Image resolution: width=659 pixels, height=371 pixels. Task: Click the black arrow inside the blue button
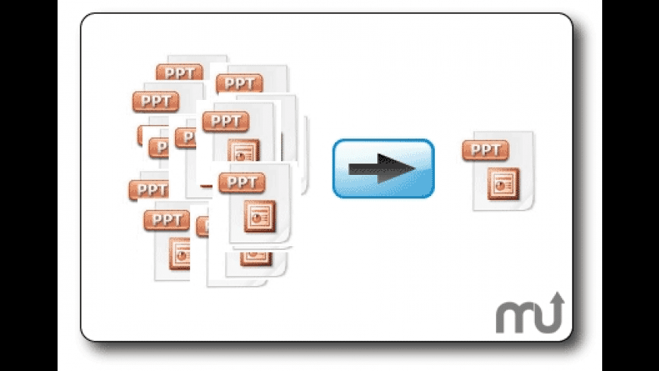(x=383, y=168)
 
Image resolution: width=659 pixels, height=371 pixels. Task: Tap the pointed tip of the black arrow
(x=415, y=168)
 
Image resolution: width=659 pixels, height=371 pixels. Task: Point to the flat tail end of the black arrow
(x=351, y=169)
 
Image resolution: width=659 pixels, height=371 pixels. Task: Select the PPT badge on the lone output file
(x=485, y=150)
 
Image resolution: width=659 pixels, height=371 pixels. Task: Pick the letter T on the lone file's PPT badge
(x=498, y=150)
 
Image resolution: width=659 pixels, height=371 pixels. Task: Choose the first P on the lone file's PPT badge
(x=473, y=150)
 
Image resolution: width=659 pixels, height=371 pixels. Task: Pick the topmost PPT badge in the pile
(x=180, y=73)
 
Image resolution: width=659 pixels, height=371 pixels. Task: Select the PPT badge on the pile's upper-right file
(x=239, y=83)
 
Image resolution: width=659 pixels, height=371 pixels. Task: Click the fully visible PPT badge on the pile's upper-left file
(x=155, y=101)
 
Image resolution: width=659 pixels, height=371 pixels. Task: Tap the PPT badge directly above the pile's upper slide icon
(x=226, y=120)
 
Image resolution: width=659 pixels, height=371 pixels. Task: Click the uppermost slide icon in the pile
(x=244, y=150)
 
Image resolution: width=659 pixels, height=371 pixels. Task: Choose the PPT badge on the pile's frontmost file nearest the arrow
(x=242, y=182)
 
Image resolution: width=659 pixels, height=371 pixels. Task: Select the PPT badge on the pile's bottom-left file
(x=166, y=220)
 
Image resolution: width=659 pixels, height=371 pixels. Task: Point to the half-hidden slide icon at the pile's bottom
(x=254, y=257)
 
